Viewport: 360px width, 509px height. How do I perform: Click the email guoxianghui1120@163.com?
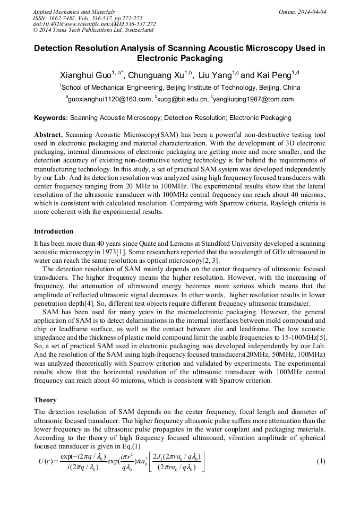109,99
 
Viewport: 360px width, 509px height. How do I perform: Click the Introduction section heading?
54,231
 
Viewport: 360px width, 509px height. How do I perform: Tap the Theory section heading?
45,400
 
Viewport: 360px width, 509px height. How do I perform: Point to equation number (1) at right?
321,461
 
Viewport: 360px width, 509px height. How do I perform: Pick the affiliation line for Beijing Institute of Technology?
180,87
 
